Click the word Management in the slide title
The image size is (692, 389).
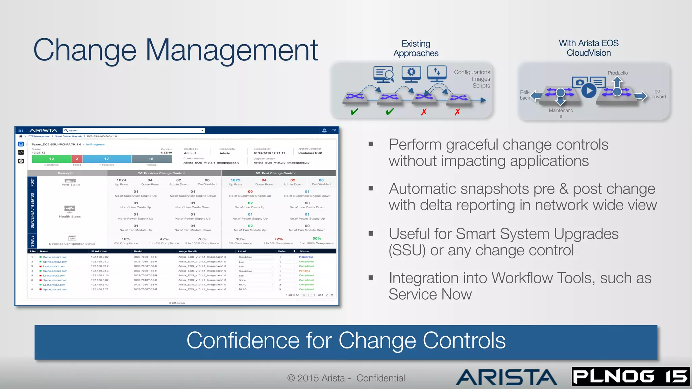[232, 50]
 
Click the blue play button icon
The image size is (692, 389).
[589, 90]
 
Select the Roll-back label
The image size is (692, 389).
[525, 95]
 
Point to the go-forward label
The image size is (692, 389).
[658, 94]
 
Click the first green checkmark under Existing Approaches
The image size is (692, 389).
[354, 111]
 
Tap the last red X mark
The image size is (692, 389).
[457, 112]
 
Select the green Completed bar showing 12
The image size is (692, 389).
[52, 159]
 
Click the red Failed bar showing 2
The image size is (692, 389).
[77, 159]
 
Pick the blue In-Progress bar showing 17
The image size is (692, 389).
[107, 159]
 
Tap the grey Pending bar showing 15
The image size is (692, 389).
[151, 159]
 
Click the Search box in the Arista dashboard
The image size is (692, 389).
[134, 130]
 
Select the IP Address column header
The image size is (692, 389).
[99, 251]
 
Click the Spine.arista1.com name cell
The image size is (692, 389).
[55, 257]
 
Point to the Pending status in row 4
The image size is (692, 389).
[304, 271]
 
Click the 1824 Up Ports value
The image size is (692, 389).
[121, 180]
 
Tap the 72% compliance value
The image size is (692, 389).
[278, 239]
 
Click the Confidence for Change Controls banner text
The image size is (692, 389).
[346, 340]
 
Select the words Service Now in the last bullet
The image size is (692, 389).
[430, 294]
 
